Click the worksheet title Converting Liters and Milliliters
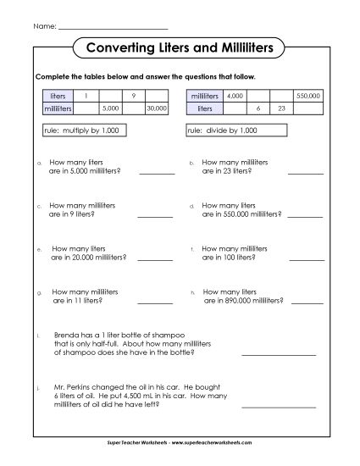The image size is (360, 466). (x=179, y=48)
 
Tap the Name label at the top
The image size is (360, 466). (x=45, y=26)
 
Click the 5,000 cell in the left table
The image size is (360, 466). (x=109, y=108)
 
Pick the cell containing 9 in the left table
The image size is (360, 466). (x=134, y=97)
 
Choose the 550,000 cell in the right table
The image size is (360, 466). (x=307, y=97)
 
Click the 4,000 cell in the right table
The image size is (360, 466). (x=235, y=97)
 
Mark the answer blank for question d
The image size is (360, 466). (x=306, y=216)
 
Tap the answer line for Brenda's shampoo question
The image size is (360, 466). (x=279, y=353)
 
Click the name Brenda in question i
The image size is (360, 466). (x=65, y=336)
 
